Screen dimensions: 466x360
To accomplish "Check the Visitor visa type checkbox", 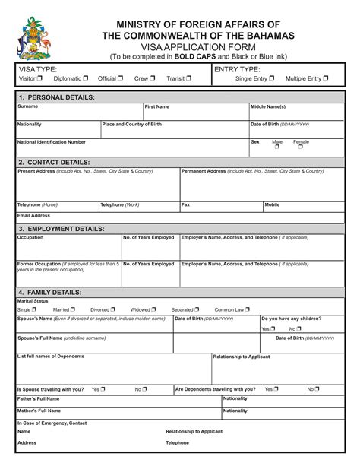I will [40, 78].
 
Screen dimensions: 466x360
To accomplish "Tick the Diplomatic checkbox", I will [86, 78].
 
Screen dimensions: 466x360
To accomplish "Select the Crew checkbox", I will [153, 78].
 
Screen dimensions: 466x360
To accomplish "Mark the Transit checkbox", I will [189, 78].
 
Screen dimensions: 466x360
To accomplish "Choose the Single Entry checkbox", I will [272, 78].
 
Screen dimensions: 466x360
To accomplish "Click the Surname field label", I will [27, 107].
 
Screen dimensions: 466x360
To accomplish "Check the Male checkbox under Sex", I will [277, 147].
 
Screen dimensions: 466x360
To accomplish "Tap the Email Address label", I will [33, 215].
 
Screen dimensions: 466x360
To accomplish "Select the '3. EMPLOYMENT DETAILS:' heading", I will [62, 228].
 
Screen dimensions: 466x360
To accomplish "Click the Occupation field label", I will [30, 238].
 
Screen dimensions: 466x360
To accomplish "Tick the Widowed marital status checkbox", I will [154, 310].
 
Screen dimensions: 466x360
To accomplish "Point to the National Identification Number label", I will [51, 142].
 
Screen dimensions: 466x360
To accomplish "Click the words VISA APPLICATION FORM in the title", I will [180, 47].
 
